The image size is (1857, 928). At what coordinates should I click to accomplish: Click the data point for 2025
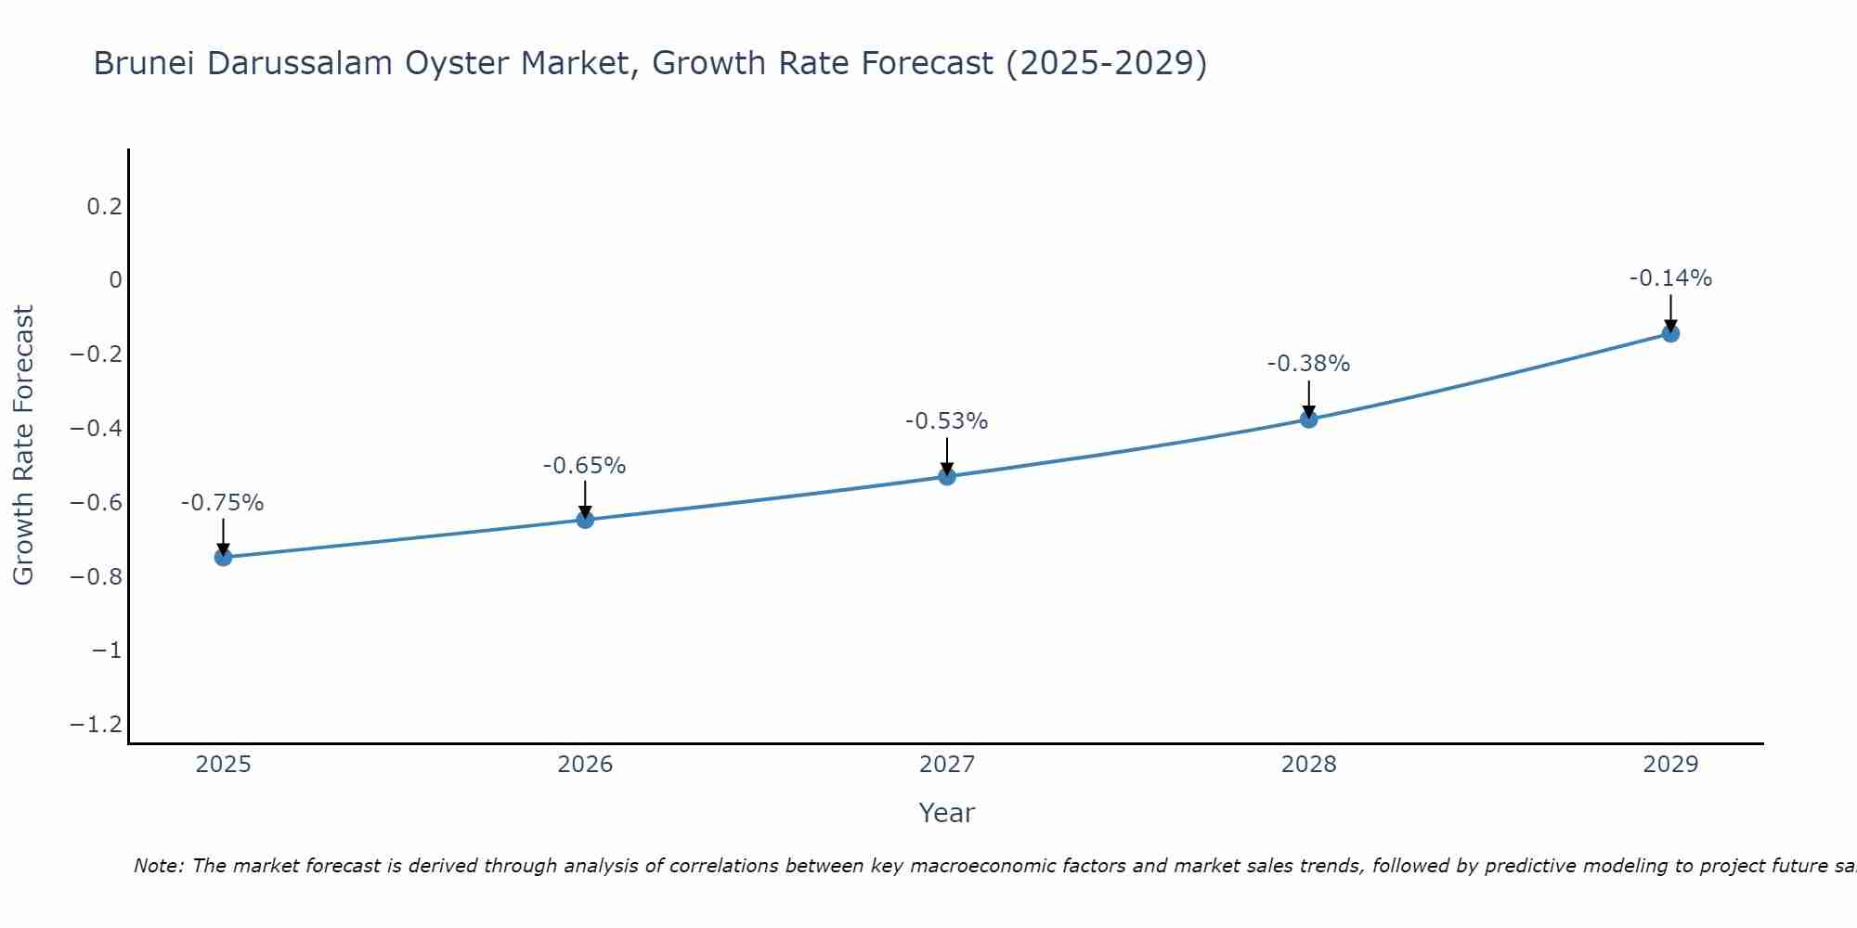click(x=223, y=557)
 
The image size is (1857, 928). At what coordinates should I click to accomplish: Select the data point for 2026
click(x=585, y=520)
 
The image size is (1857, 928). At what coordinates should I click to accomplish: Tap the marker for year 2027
click(x=947, y=476)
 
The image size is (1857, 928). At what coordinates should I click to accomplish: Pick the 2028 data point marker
click(x=1308, y=419)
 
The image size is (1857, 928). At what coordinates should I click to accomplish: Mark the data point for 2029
click(x=1670, y=333)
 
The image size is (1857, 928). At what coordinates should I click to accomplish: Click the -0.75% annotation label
click(x=222, y=503)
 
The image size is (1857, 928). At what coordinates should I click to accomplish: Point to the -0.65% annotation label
click(x=584, y=466)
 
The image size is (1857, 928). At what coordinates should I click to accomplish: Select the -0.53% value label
click(x=946, y=421)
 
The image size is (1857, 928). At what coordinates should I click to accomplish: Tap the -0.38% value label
click(x=1308, y=364)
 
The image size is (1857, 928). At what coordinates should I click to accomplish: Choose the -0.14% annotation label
click(x=1670, y=278)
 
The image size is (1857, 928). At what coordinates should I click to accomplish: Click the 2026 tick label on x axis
click(x=585, y=765)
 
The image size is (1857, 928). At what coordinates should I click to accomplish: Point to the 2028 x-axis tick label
click(x=1308, y=765)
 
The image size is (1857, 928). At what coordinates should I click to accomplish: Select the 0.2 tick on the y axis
click(x=105, y=206)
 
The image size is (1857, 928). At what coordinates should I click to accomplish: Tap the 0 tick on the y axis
click(x=115, y=280)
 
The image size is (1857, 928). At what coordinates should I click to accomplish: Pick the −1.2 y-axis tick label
click(x=97, y=724)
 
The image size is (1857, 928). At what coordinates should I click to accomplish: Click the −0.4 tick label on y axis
click(x=97, y=429)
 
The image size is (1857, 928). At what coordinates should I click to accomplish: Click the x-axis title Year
click(x=946, y=813)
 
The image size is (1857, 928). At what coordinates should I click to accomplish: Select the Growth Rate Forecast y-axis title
click(x=23, y=445)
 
